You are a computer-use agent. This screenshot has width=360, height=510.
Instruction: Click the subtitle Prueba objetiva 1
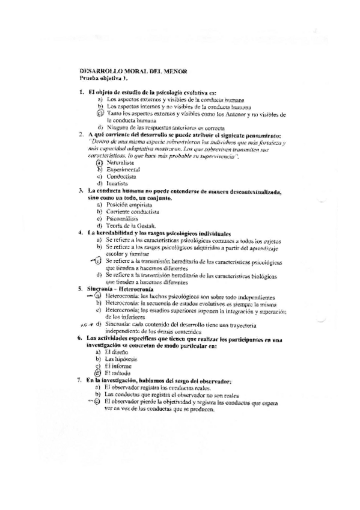pyautogui.click(x=103, y=78)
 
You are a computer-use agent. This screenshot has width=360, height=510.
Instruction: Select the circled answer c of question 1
pyautogui.click(x=100, y=113)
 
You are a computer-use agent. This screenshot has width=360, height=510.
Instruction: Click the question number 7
pyautogui.click(x=80, y=380)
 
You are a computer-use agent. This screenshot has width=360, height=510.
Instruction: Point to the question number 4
pyautogui.click(x=80, y=232)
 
